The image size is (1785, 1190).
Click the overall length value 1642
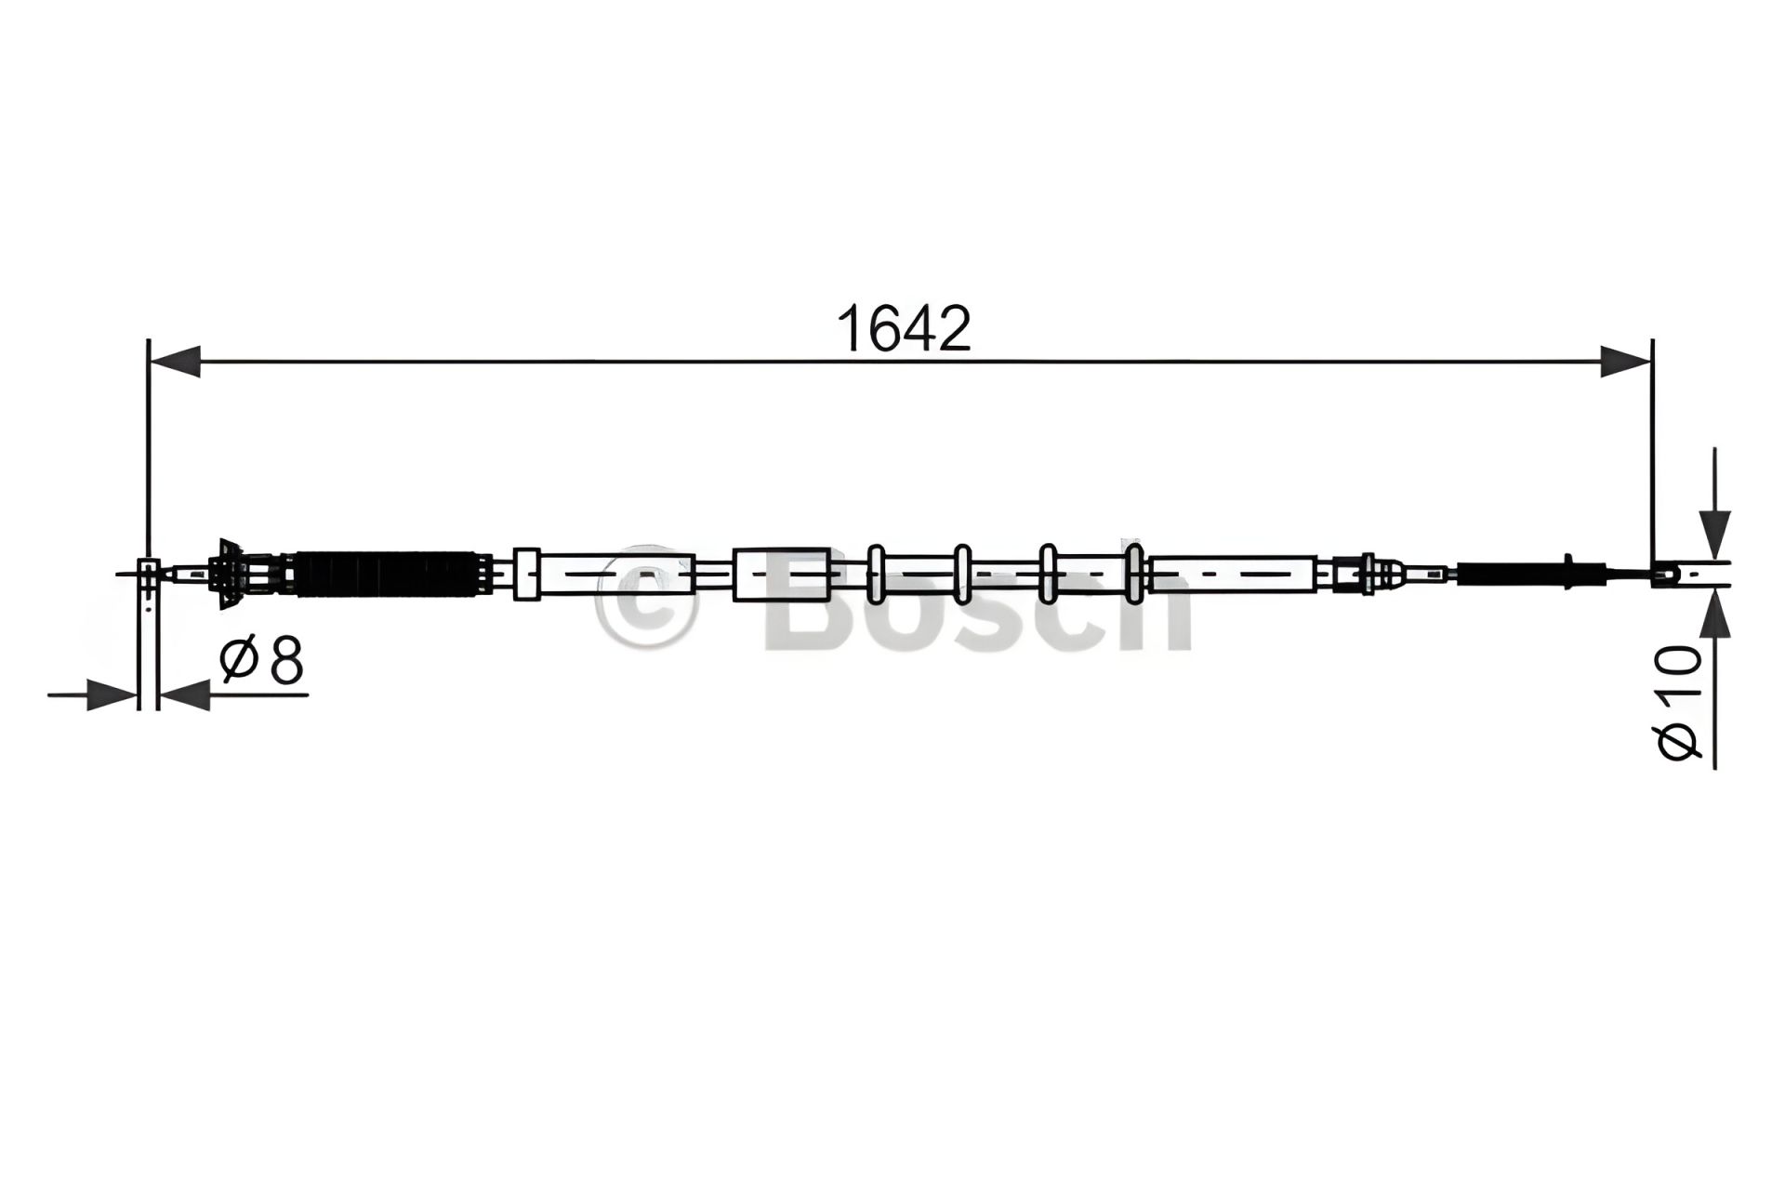click(x=904, y=328)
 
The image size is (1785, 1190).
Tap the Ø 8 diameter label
click(x=262, y=661)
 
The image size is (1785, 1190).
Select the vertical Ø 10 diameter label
click(x=1679, y=703)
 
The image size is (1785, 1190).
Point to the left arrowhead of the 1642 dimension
click(x=175, y=361)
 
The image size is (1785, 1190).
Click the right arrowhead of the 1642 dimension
click(x=1625, y=361)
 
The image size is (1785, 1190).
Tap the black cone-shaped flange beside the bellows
click(x=227, y=574)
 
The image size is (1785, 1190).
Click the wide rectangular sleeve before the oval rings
click(x=782, y=574)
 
